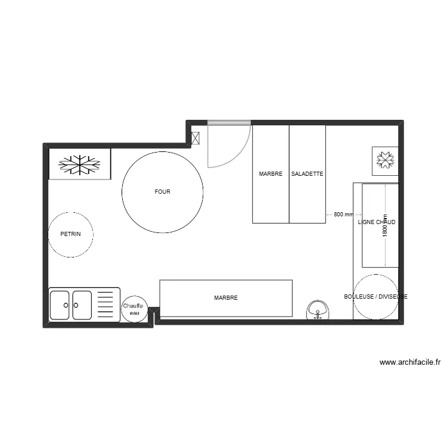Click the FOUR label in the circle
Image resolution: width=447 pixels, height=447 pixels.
pyautogui.click(x=162, y=192)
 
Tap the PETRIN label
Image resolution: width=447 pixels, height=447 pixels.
pyautogui.click(x=70, y=234)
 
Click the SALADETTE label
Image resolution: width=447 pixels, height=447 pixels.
pyautogui.click(x=307, y=174)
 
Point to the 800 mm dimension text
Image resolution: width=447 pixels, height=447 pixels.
pyautogui.click(x=343, y=214)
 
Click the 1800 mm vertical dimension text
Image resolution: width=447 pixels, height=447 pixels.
pyautogui.click(x=385, y=226)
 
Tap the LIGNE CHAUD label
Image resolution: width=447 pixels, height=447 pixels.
pyautogui.click(x=376, y=222)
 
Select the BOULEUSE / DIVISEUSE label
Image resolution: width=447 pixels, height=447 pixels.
pyautogui.click(x=375, y=296)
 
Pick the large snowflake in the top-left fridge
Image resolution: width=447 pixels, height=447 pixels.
pyautogui.click(x=79, y=165)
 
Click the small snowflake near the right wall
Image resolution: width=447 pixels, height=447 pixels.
pyautogui.click(x=385, y=160)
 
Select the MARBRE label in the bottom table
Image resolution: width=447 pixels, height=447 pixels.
pyautogui.click(x=226, y=297)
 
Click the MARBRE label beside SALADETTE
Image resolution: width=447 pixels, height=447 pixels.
pyautogui.click(x=271, y=174)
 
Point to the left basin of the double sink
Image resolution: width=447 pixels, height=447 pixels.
pyautogui.click(x=60, y=305)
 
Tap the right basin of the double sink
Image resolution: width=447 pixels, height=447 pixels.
pyautogui.click(x=82, y=305)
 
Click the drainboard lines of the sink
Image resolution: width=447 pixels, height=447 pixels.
pyautogui.click(x=105, y=305)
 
